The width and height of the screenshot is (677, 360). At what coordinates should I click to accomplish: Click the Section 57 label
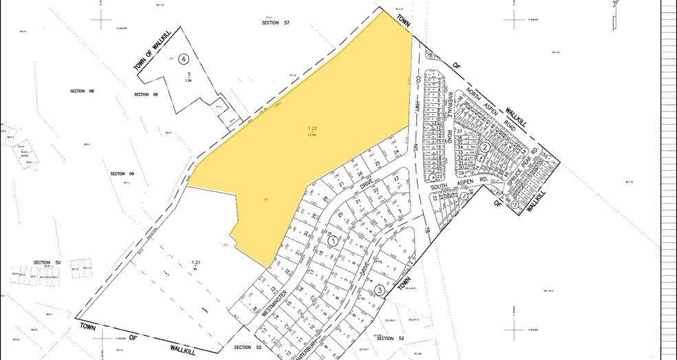click(x=276, y=23)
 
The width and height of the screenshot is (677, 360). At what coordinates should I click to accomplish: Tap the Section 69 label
click(x=122, y=173)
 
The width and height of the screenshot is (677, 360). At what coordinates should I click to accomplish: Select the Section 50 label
click(x=47, y=263)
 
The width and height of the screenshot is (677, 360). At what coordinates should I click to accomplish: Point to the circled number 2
click(x=484, y=147)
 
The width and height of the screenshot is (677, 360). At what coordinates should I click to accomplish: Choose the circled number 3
click(x=379, y=290)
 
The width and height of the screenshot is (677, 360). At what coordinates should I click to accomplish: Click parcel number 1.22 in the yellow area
click(x=312, y=128)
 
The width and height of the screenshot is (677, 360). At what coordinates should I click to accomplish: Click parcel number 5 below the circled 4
click(x=188, y=74)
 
